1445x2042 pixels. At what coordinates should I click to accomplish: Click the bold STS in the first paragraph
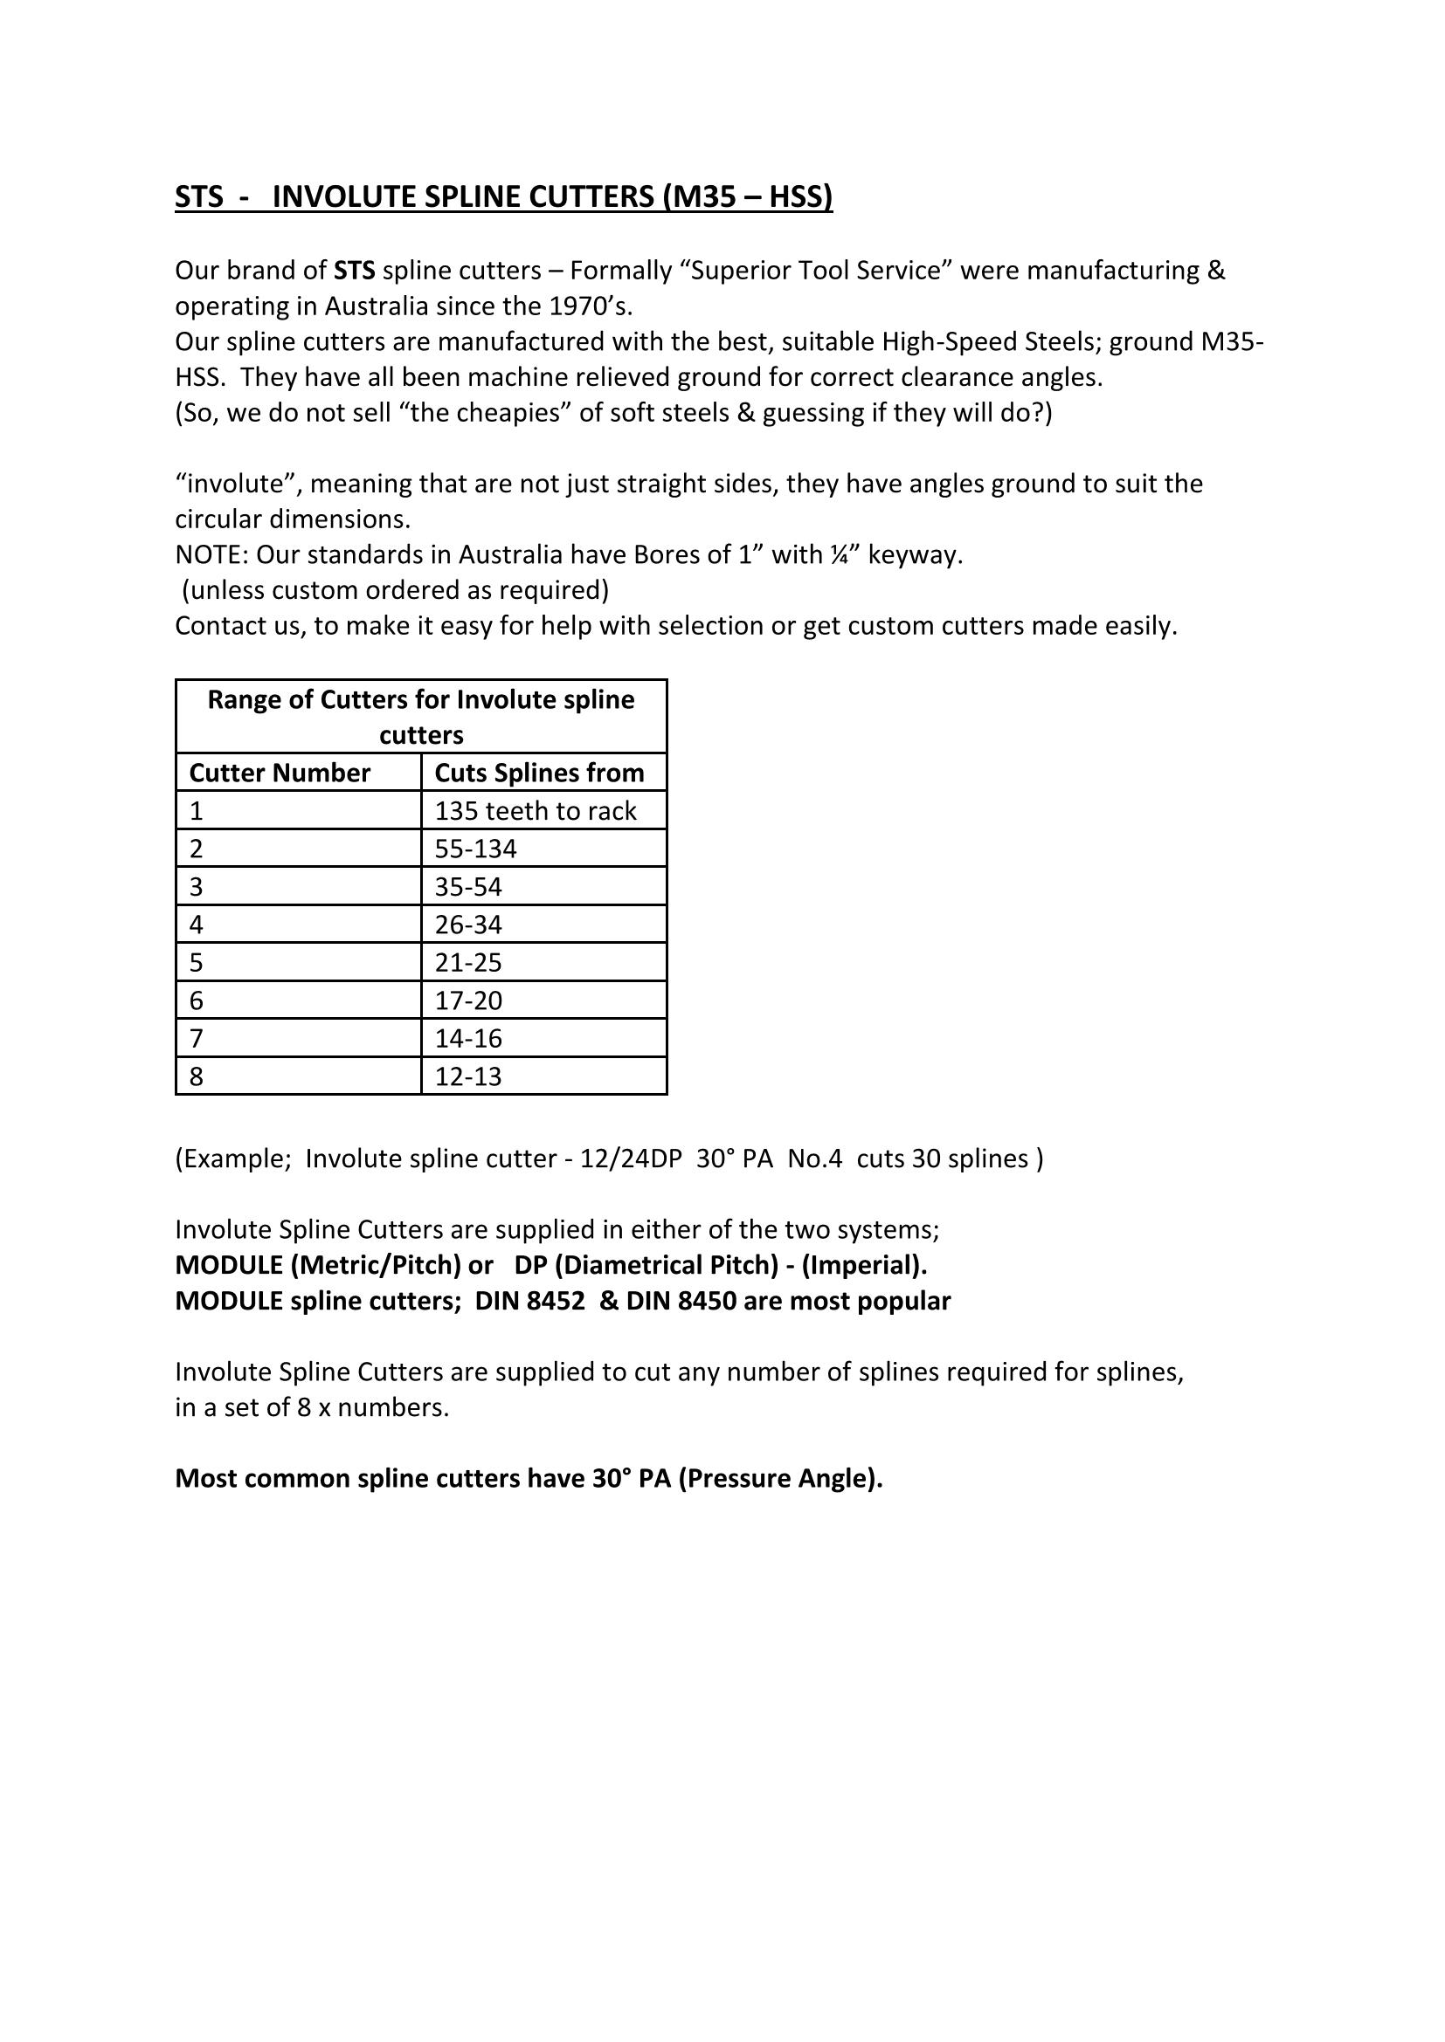pyautogui.click(x=354, y=271)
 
